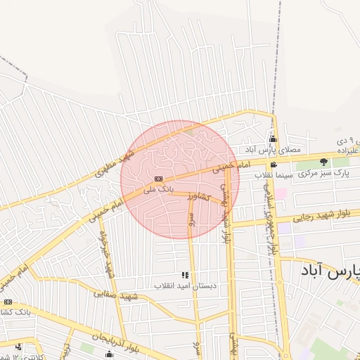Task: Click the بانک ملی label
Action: point(157,189)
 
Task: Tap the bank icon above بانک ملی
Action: point(159,179)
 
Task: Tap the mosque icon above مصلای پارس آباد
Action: point(273,139)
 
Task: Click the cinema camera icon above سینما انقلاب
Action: point(274,165)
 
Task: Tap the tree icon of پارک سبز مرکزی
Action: point(323,162)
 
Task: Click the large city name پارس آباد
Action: point(328,271)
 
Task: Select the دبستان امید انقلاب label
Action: point(185,285)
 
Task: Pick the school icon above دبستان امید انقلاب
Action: point(185,275)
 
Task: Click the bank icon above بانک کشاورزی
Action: point(8,302)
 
